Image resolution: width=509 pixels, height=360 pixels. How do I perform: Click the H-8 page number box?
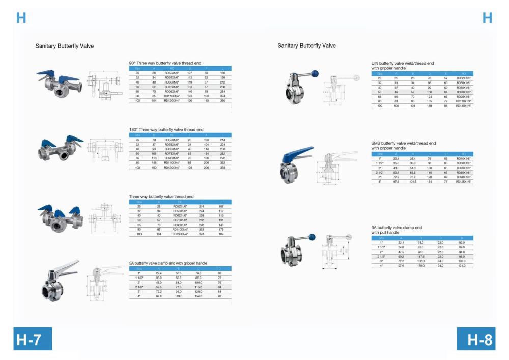point(476,340)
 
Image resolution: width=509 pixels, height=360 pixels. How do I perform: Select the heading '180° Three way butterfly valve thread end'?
point(166,130)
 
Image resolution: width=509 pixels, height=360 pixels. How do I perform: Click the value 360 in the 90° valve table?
point(222,101)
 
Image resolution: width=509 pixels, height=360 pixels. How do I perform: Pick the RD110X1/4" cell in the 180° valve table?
point(172,163)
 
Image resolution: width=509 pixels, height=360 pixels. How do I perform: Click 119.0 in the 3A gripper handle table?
point(179,296)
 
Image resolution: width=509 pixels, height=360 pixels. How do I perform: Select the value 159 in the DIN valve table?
point(429,106)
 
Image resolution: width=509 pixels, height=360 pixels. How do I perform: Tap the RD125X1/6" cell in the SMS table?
point(464,181)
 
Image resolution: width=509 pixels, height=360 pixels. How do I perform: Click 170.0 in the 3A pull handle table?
point(421,266)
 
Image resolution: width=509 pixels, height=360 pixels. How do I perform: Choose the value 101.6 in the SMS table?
point(412,181)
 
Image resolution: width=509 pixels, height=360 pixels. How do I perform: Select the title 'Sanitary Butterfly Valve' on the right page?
point(306,46)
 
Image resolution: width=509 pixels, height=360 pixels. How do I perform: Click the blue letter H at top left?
point(21,18)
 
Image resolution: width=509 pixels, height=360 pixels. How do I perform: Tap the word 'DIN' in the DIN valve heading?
point(375,63)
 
